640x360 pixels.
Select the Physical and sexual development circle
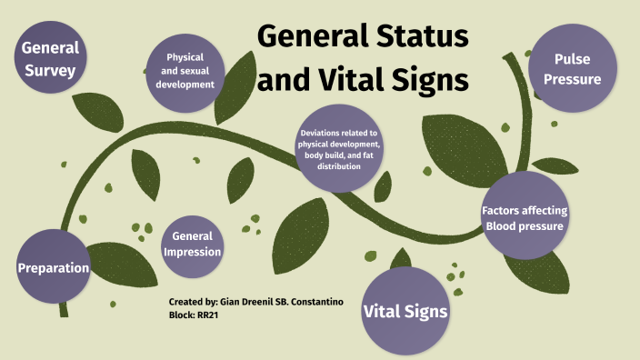pos(184,69)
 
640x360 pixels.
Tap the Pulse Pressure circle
pos(575,68)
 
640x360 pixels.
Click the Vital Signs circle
pos(406,311)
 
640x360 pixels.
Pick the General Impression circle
pos(191,243)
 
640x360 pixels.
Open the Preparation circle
pos(55,268)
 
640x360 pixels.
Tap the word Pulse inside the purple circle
pos(575,59)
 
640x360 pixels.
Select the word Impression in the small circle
pos(191,251)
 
